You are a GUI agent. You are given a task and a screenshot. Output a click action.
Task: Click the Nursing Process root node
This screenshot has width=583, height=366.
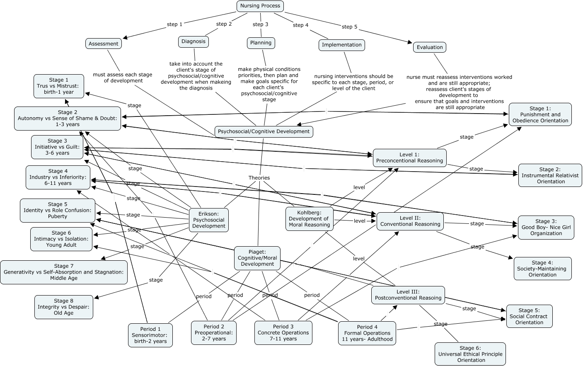tap(260, 6)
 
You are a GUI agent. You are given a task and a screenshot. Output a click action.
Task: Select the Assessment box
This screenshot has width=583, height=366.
tap(103, 44)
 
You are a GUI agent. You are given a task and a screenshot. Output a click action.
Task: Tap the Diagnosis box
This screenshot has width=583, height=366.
tap(194, 41)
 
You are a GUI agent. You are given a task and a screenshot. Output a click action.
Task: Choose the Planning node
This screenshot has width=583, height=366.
tap(261, 43)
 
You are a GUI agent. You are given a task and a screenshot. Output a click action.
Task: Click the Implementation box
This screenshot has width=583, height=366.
tap(341, 45)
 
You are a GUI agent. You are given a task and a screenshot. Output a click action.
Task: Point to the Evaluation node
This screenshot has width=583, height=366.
tap(430, 47)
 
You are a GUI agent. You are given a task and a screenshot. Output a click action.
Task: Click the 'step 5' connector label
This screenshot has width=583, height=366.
tap(349, 27)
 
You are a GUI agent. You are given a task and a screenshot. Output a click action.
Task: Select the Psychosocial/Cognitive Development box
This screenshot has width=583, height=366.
tap(264, 131)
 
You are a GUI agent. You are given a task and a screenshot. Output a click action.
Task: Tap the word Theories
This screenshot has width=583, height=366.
tap(259, 178)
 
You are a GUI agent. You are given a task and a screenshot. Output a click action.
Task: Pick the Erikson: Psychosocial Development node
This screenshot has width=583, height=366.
tap(209, 220)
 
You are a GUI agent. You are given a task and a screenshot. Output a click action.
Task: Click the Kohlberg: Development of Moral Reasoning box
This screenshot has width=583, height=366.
tap(309, 218)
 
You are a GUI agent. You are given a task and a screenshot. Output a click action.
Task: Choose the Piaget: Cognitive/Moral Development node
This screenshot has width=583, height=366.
tap(257, 258)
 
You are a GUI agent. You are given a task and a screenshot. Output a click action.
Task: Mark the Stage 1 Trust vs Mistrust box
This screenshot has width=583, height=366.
tap(59, 86)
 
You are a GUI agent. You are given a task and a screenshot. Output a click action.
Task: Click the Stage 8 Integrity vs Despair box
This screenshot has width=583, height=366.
tap(63, 307)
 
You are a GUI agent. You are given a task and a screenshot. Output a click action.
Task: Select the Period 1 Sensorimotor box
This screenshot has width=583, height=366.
tap(150, 335)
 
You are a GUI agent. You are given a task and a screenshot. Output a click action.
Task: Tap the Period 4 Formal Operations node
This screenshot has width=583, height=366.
tap(367, 333)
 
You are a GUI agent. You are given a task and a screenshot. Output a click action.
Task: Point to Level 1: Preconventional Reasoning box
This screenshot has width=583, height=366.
tap(409, 158)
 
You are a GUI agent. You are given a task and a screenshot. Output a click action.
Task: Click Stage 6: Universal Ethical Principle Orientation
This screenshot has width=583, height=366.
tap(470, 354)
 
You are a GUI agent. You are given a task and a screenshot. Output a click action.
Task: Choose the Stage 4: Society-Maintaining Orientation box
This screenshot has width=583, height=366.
tap(542, 269)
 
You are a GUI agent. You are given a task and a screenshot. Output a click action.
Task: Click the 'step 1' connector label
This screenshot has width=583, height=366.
tap(174, 24)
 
